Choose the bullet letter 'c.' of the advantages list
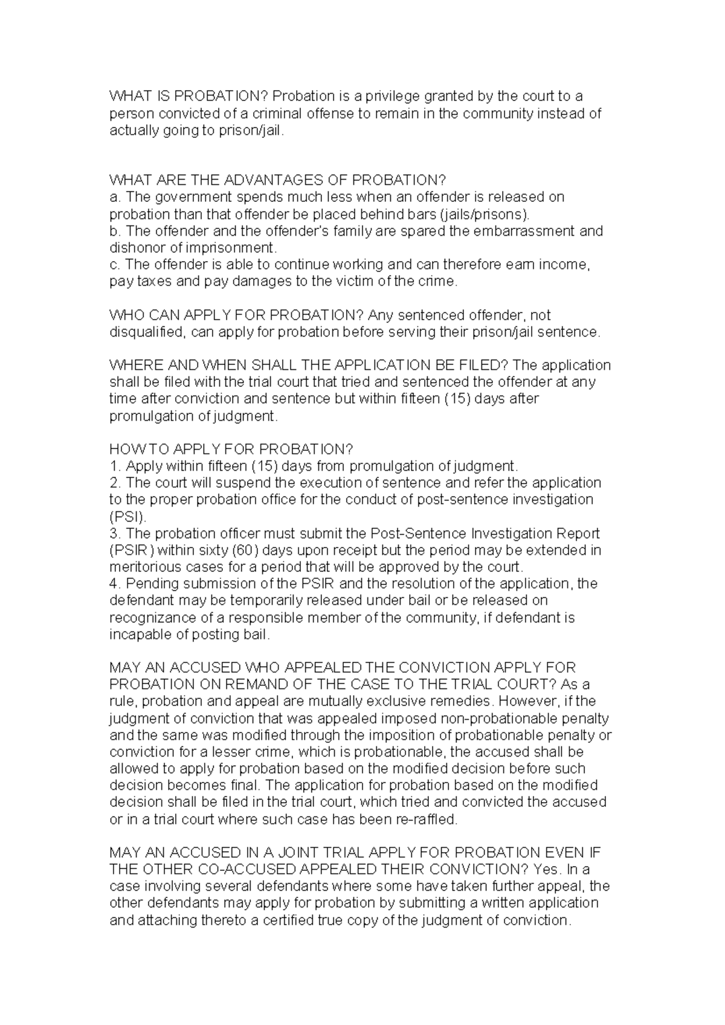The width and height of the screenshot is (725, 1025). coord(115,265)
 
